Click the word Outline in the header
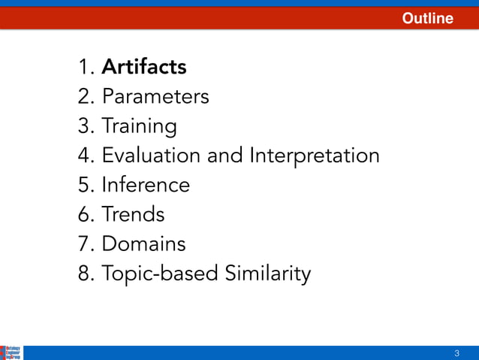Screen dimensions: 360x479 click(x=427, y=19)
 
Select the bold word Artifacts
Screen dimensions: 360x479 click(x=144, y=67)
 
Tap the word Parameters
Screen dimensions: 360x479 click(x=155, y=96)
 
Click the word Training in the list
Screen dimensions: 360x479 click(x=140, y=126)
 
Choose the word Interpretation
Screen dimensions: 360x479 click(x=315, y=156)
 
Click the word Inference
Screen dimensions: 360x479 click(x=146, y=185)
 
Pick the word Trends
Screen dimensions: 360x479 click(x=133, y=214)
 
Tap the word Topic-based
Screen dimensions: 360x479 click(x=161, y=274)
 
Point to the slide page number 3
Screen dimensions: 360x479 click(x=456, y=353)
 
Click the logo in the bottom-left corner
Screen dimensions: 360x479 click(x=11, y=352)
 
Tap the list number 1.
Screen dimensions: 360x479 click(x=84, y=68)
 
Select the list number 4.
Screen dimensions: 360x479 click(x=84, y=156)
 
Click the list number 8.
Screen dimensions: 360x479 click(x=84, y=274)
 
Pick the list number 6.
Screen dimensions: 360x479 click(x=84, y=214)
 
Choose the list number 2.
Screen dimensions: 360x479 click(x=84, y=97)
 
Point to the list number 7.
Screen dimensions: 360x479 click(x=84, y=244)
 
